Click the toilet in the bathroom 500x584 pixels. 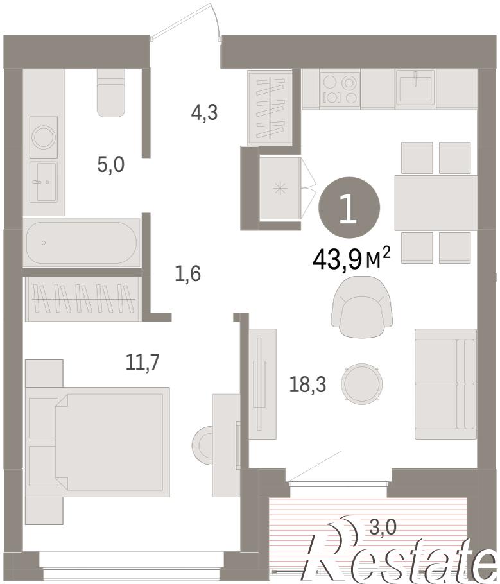point(110,93)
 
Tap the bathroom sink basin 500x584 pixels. point(44,182)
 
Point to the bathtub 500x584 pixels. point(82,243)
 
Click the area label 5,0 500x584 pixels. point(110,165)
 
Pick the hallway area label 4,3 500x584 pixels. point(204,112)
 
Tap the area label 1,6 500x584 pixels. point(187,274)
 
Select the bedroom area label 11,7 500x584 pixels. point(142,362)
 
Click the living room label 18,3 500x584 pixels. point(307,384)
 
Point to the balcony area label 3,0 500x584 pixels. point(383,528)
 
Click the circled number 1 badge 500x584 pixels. point(349,207)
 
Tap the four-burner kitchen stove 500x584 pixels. point(340,89)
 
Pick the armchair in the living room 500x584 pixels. point(362,307)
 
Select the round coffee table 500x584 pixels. point(362,383)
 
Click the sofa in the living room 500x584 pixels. point(445,384)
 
